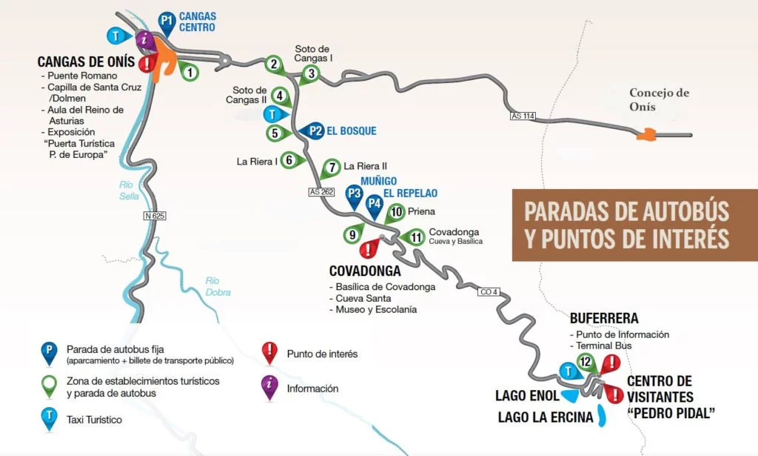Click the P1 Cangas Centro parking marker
(x=167, y=22)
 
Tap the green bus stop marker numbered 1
(x=190, y=72)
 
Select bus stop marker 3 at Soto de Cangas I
(x=312, y=73)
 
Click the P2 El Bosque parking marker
(x=316, y=130)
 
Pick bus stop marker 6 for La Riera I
(x=289, y=159)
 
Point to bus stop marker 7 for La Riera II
(x=332, y=166)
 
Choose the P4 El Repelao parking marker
(x=375, y=204)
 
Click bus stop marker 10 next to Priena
(x=396, y=212)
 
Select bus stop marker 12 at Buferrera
(x=586, y=362)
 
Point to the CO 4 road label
(x=488, y=292)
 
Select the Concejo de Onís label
(x=659, y=99)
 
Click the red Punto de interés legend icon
(x=270, y=351)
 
